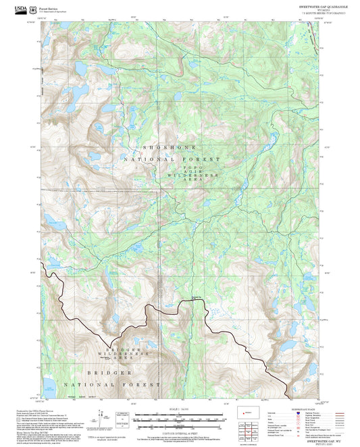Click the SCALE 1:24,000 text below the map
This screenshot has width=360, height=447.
point(179,408)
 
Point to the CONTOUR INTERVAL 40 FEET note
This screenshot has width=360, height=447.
point(179,432)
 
